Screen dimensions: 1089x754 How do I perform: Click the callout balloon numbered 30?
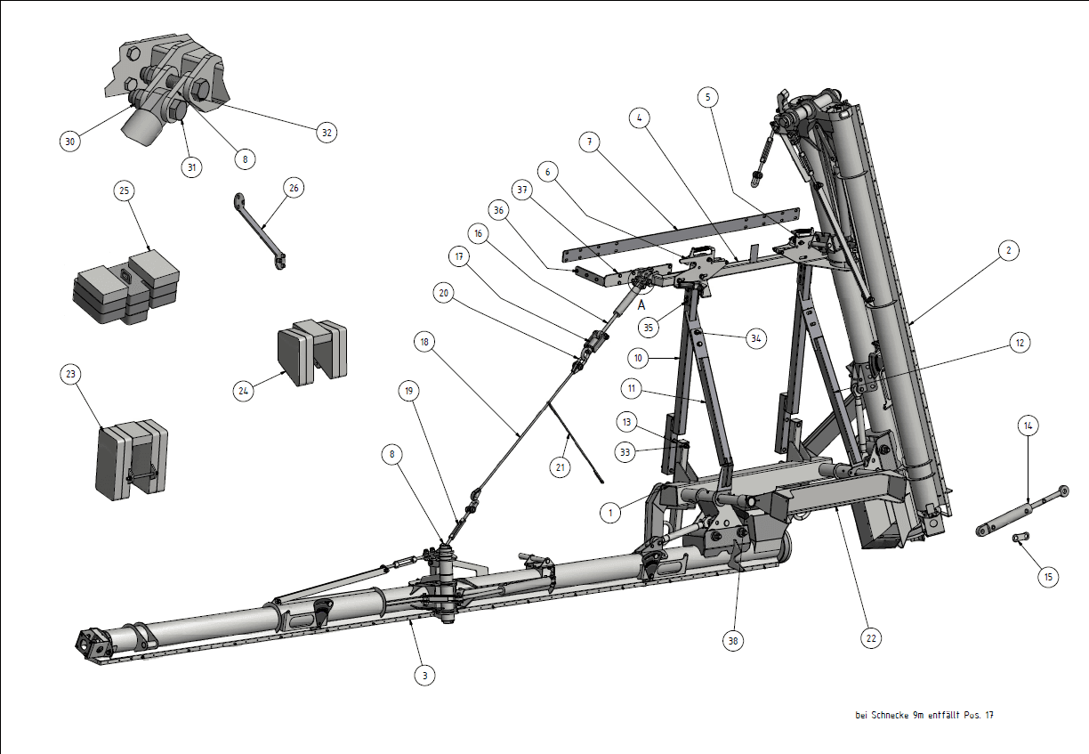[70, 142]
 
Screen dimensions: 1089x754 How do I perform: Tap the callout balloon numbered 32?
[327, 133]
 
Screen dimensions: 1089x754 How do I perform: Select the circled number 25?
[125, 191]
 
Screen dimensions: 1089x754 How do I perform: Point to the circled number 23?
[71, 374]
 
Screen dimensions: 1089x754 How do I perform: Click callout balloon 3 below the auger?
[425, 675]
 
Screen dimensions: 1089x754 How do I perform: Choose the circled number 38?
[733, 641]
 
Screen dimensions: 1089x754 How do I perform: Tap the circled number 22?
[871, 638]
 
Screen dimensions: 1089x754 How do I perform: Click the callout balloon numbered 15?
[1048, 577]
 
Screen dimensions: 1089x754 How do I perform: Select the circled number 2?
[1009, 250]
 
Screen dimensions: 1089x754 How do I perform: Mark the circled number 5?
[708, 97]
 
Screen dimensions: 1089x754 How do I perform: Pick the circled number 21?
[560, 467]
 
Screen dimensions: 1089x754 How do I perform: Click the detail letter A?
[641, 305]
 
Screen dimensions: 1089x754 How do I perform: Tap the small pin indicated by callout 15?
[1020, 537]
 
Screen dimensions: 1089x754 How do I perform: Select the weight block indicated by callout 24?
[312, 352]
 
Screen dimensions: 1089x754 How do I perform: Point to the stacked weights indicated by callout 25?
[126, 287]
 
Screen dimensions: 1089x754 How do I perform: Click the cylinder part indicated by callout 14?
[1022, 511]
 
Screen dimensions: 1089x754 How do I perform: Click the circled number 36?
[499, 211]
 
